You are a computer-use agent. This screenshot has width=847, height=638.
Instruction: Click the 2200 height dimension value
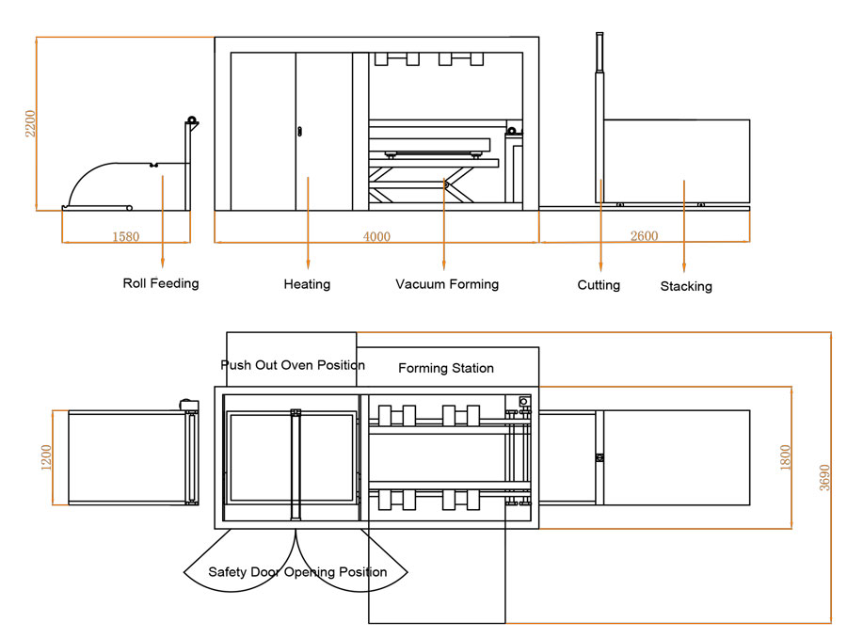click(x=30, y=123)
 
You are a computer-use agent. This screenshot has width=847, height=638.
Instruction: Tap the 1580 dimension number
click(x=125, y=237)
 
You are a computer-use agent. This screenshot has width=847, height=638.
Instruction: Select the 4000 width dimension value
click(x=376, y=237)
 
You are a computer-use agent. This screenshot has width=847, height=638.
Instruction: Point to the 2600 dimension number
click(x=644, y=236)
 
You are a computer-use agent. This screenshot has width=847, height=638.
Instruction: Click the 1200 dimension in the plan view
click(x=46, y=458)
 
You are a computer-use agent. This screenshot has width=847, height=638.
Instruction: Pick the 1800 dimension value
click(x=786, y=457)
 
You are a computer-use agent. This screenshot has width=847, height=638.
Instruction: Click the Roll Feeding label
click(x=161, y=283)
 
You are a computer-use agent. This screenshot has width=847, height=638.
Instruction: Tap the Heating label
click(x=307, y=284)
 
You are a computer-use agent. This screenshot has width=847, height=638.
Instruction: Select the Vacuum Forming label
click(x=447, y=284)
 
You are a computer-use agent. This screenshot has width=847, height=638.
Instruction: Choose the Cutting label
click(x=599, y=285)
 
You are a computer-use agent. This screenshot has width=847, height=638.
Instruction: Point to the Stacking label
click(x=686, y=286)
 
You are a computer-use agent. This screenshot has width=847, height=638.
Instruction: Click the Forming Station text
click(x=446, y=368)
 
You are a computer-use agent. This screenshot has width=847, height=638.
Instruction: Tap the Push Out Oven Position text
click(x=293, y=365)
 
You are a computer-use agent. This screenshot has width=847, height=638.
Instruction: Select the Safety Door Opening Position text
click(x=297, y=572)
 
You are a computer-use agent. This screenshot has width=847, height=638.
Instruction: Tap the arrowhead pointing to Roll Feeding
click(x=163, y=263)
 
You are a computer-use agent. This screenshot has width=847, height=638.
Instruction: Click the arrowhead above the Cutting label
click(x=601, y=265)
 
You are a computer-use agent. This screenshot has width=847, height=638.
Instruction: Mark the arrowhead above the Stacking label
click(x=684, y=267)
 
